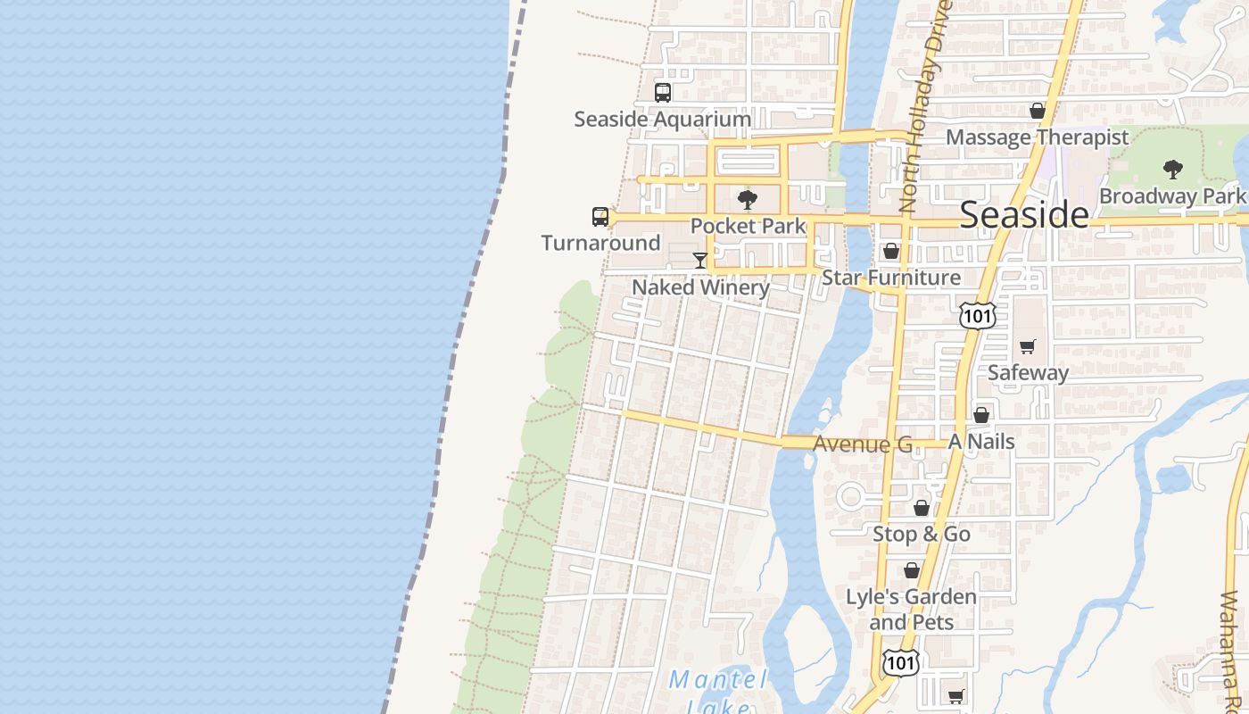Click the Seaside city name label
[1024, 215]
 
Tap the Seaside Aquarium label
[662, 119]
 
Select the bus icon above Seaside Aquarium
[662, 92]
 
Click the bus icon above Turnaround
[600, 216]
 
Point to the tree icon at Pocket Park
[748, 199]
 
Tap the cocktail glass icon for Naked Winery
[700, 261]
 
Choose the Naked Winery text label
[700, 287]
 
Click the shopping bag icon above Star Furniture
[890, 251]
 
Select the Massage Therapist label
[1037, 137]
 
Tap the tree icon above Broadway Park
[1172, 169]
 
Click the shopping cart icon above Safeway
[1028, 346]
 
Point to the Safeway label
[1028, 372]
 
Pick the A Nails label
[981, 442]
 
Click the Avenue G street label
[863, 444]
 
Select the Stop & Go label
[921, 534]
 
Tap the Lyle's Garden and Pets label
[911, 609]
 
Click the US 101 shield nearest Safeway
[977, 315]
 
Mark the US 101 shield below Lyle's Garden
[899, 662]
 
